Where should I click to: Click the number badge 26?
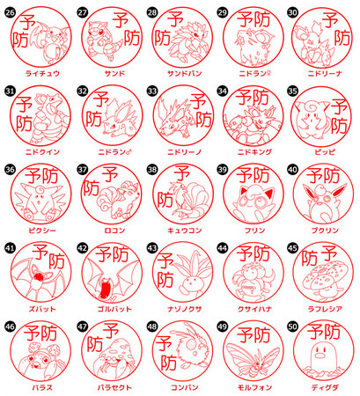tap(10, 12)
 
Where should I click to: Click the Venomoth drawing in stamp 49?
tap(253, 359)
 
